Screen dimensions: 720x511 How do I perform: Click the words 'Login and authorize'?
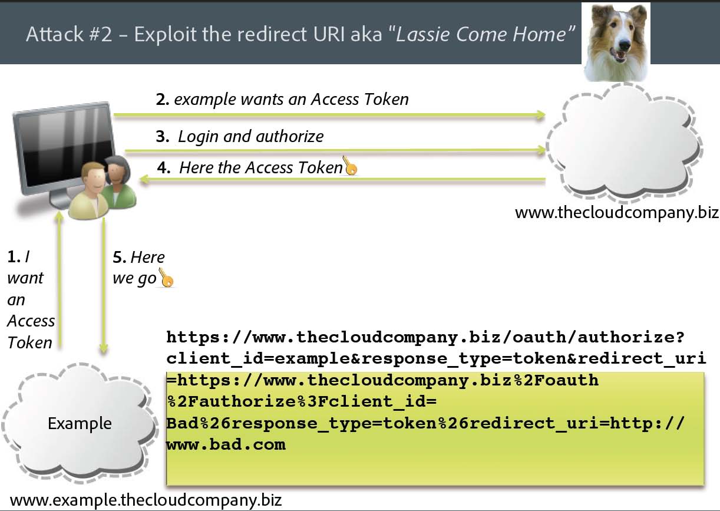coord(251,137)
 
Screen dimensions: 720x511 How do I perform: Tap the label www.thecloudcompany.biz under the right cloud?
coord(616,212)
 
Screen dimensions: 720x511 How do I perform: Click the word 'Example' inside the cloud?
coord(80,423)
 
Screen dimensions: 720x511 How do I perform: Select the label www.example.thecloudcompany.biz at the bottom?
coord(146,501)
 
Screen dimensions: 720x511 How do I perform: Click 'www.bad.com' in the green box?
coord(226,444)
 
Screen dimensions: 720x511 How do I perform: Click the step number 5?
coord(119,258)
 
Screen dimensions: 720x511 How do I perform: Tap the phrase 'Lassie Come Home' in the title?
coord(482,34)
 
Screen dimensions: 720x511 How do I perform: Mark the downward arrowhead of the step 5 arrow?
coord(104,350)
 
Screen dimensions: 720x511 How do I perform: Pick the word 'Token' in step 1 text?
coord(30,342)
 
